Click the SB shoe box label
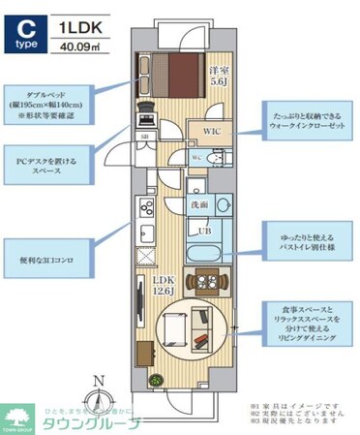144,139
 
